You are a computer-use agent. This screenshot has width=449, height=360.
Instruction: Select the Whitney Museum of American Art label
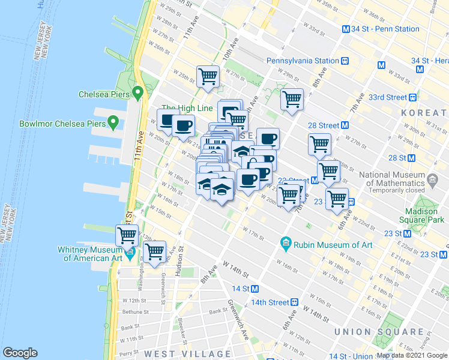(x=90, y=254)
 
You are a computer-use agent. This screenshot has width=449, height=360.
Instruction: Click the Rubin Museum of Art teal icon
(x=286, y=244)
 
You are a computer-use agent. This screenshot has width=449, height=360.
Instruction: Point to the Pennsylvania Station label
(x=303, y=61)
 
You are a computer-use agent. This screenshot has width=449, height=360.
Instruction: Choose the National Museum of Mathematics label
(x=401, y=179)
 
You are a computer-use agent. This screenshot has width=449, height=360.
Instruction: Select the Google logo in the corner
(x=20, y=353)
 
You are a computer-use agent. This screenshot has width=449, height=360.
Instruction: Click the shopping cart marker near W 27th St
(x=208, y=77)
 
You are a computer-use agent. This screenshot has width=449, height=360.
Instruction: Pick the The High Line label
(x=187, y=108)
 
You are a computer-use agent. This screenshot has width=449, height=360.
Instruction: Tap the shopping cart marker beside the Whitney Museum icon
(x=154, y=253)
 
